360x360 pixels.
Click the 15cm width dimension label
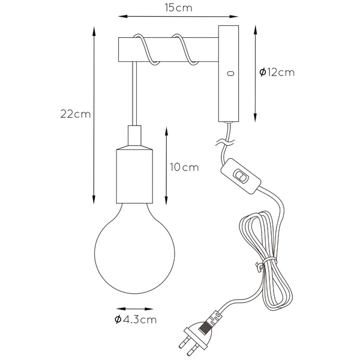[180, 8]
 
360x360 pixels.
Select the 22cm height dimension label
[76, 115]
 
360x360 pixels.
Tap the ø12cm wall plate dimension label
[277, 72]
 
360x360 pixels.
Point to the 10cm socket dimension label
[184, 167]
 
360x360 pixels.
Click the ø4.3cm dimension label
[135, 319]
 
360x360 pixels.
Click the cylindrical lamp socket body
[135, 175]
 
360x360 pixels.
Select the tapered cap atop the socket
[135, 137]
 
